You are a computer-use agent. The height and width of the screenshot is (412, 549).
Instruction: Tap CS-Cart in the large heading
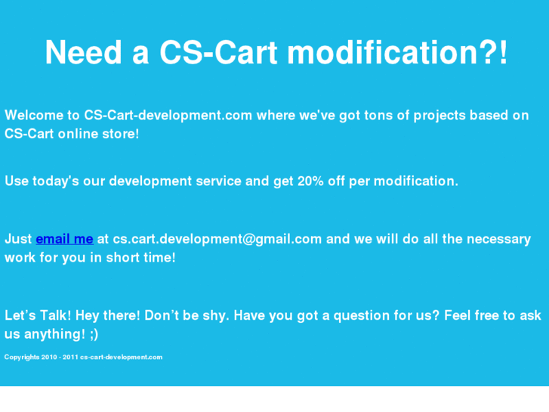[218, 53]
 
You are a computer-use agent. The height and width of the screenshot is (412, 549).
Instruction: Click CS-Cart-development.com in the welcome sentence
[168, 116]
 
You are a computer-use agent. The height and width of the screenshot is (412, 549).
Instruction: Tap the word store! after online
[121, 134]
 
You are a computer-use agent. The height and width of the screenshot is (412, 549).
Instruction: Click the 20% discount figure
[310, 181]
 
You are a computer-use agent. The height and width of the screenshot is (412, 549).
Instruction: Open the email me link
[64, 239]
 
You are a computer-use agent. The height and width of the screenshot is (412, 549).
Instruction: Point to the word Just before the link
[18, 239]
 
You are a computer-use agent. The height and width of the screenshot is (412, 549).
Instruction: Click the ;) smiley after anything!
[91, 334]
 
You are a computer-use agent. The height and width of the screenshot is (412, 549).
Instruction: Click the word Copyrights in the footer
[22, 357]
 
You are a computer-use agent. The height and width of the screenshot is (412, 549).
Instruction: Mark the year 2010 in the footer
[50, 357]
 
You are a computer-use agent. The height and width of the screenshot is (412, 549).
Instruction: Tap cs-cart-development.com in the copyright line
[121, 357]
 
